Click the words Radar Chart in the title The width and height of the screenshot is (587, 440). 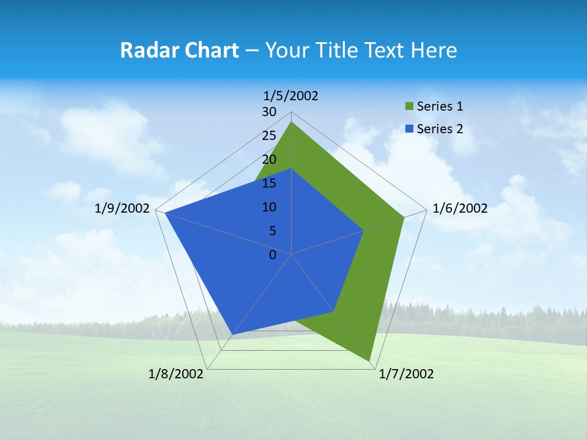pos(179,50)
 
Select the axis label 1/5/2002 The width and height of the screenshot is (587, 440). pos(291,95)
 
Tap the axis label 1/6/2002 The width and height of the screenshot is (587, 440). pos(460,208)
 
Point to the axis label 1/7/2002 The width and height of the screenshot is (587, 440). pos(406,374)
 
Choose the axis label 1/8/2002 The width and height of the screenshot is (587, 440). pos(176,374)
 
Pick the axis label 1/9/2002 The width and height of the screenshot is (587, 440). pos(122,208)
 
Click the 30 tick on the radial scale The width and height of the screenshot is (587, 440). pos(269,112)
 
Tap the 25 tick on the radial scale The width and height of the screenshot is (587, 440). pos(269,136)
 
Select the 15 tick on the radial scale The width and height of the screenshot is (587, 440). pos(269,183)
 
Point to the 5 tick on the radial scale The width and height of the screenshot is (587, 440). pos(272,231)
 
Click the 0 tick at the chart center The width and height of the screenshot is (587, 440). pos(273,255)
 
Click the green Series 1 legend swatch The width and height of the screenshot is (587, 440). pos(410,107)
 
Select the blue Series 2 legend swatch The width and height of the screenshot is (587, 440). pos(410,129)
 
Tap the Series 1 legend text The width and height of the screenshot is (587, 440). pos(440,106)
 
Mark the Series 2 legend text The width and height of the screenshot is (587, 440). pos(440,129)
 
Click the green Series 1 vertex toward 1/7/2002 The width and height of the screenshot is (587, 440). pos(370,361)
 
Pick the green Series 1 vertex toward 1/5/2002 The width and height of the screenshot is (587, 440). pos(292,122)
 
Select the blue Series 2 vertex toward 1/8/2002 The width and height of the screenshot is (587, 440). pos(232,335)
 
